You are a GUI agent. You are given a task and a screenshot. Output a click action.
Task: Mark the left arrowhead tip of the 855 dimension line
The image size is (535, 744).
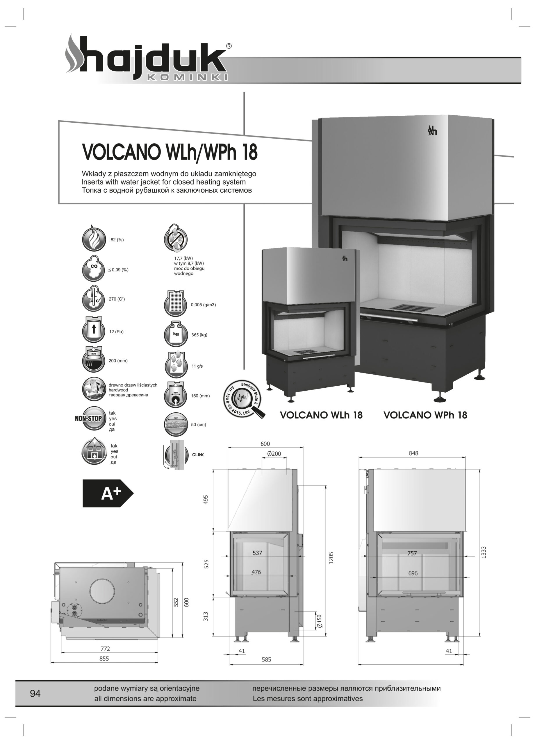51,663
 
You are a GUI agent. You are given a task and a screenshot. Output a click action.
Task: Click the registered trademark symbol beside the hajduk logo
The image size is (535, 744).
229,46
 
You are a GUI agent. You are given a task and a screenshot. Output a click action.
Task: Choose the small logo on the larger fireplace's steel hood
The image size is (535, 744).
433,131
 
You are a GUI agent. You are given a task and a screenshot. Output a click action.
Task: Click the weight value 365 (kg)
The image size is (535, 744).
199,335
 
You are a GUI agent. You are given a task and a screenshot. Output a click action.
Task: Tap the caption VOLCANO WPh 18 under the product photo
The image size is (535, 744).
425,415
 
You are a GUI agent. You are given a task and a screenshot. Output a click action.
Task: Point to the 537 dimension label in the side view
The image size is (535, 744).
257,553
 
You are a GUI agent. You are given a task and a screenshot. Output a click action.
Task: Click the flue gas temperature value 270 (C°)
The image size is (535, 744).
117,299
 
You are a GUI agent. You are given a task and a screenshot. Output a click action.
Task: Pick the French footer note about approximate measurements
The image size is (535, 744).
308,698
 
